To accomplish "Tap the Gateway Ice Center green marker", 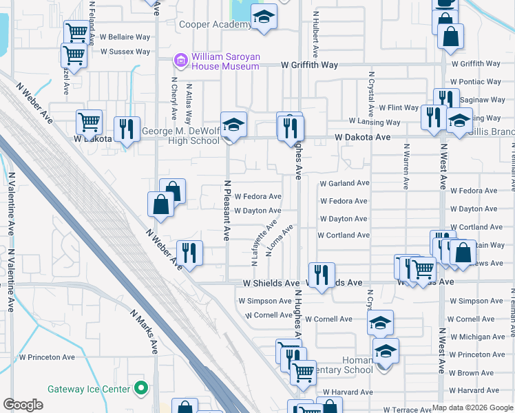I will pyautogui.click(x=142, y=389).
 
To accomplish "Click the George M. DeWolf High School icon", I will pyautogui.click(x=233, y=125).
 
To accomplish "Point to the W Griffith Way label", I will pyautogui.click(x=309, y=65).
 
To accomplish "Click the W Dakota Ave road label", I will pyautogui.click(x=363, y=137).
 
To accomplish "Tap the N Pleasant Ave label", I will pyautogui.click(x=226, y=210).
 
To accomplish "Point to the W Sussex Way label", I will pyautogui.click(x=125, y=52).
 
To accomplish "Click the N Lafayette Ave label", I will pyautogui.click(x=262, y=237).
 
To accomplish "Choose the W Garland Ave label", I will pyautogui.click(x=345, y=183).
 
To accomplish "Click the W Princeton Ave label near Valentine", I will pyautogui.click(x=47, y=357).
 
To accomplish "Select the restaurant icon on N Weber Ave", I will pyautogui.click(x=188, y=253).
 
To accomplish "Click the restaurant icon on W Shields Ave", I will pyautogui.click(x=321, y=275).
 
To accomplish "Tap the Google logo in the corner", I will pyautogui.click(x=23, y=405).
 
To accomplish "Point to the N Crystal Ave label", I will pyautogui.click(x=372, y=93).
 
